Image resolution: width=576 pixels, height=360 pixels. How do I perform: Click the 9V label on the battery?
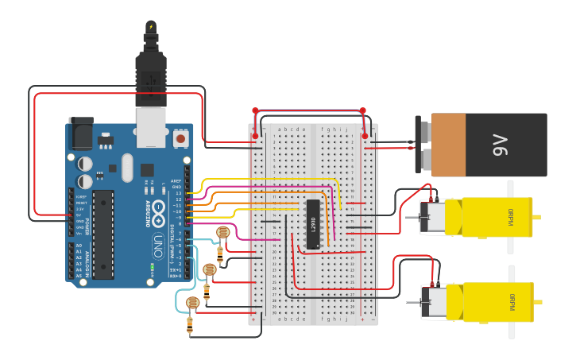click(x=499, y=145)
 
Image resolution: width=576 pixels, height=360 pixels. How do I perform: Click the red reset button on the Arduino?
click(x=180, y=138)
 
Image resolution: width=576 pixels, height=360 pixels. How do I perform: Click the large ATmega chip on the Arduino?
click(x=102, y=234)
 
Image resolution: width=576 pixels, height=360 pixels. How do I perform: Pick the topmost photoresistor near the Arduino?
click(x=223, y=232)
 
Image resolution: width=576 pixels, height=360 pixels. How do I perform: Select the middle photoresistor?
click(x=209, y=269)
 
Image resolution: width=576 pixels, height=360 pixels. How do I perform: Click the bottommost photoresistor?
click(x=191, y=303)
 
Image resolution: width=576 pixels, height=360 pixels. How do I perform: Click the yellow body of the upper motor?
click(x=485, y=217)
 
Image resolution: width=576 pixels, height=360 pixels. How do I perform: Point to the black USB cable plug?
click(x=151, y=75)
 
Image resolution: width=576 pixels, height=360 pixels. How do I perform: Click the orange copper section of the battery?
click(x=448, y=145)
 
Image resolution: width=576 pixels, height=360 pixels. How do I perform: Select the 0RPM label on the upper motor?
click(x=511, y=216)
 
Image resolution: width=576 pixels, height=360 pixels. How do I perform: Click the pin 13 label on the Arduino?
click(x=179, y=193)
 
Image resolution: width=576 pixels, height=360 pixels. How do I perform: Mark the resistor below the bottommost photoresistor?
click(x=190, y=323)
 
